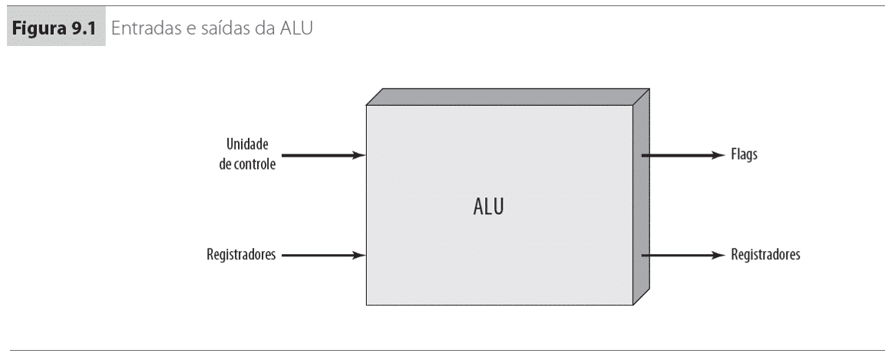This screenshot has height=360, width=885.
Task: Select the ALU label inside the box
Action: pos(488,206)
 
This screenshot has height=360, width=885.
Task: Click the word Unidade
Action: pos(248,144)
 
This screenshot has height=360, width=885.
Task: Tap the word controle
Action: pos(256,163)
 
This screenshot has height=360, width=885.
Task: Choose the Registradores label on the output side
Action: pos(764,255)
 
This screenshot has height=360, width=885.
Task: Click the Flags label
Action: pos(745,155)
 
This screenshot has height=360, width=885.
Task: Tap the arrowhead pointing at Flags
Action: pos(718,155)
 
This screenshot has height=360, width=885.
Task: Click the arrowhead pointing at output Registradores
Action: pos(718,255)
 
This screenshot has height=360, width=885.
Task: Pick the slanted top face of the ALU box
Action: pos(507,97)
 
